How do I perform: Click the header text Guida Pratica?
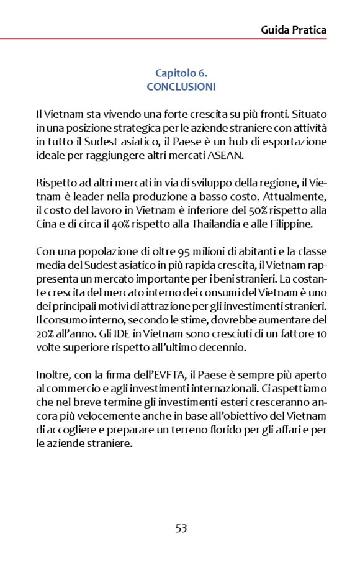[x=294, y=29]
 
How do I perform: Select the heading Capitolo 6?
[x=181, y=74]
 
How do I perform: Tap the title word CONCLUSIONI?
[x=181, y=87]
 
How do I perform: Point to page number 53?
[x=181, y=528]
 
